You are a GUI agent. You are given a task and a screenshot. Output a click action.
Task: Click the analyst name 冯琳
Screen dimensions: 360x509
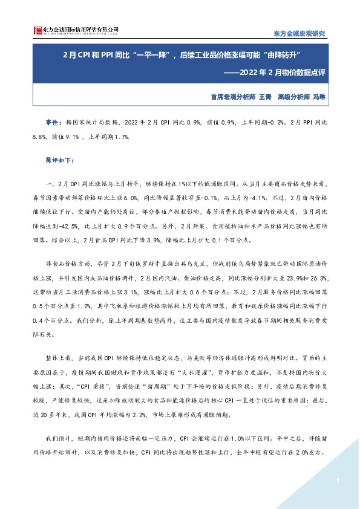click(320, 96)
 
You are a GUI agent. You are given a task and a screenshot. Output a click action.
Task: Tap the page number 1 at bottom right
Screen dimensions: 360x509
click(335, 480)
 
